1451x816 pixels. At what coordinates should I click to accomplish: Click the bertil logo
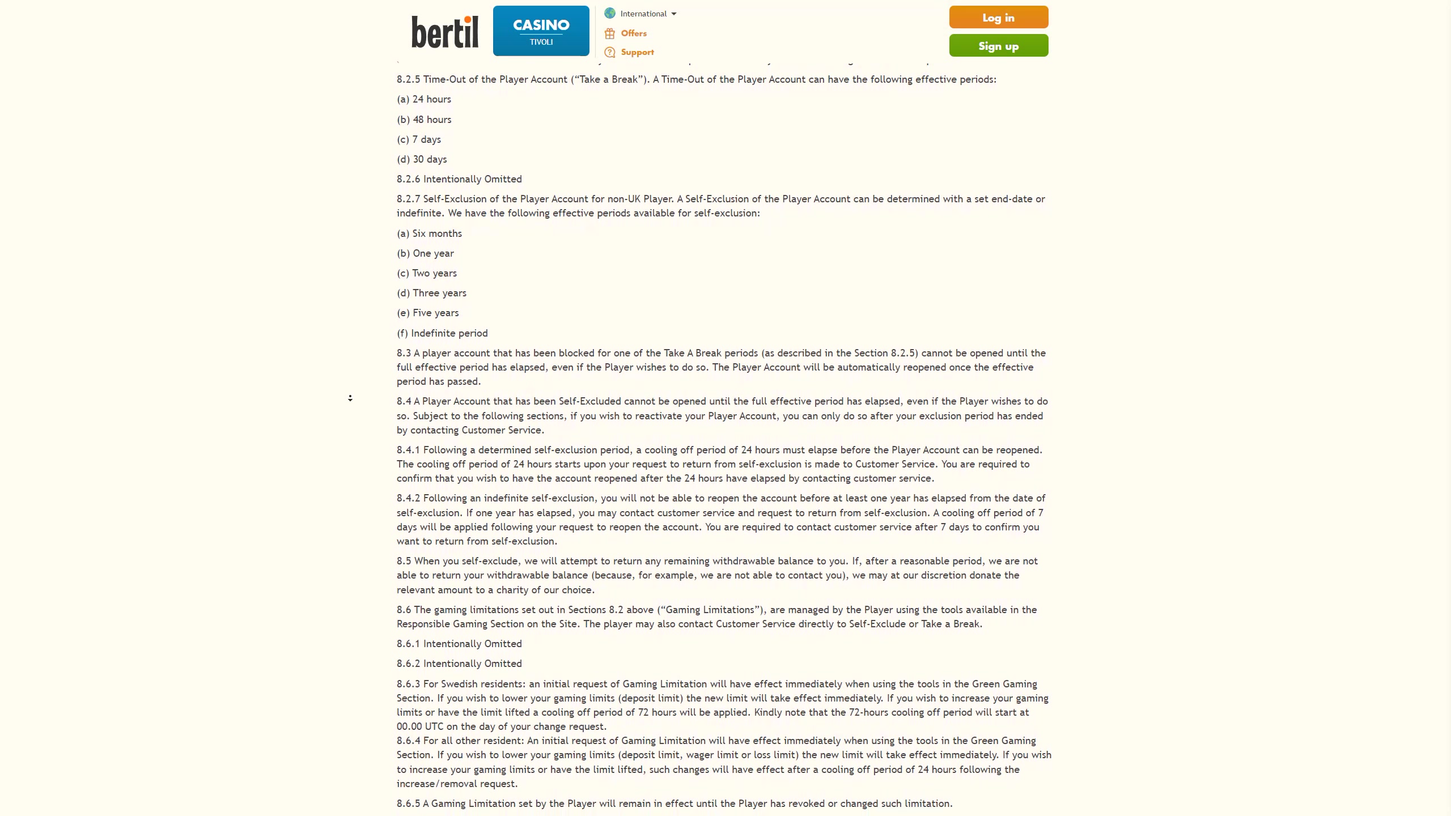tap(445, 32)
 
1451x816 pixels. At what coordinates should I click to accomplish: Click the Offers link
tap(634, 33)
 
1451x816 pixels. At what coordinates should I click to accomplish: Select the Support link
tap(637, 52)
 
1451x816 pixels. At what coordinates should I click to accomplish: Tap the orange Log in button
tap(998, 18)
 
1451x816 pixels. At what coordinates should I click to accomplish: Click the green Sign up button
tap(998, 46)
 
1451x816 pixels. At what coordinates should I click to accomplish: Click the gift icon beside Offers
tap(610, 33)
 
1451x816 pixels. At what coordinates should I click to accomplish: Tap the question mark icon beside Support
tap(610, 52)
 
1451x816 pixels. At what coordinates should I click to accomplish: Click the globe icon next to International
tap(610, 14)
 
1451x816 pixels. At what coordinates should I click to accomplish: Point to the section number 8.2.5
tap(408, 79)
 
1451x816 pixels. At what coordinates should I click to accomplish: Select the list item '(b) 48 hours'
tap(424, 120)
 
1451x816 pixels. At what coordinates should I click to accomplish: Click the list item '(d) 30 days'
tap(422, 159)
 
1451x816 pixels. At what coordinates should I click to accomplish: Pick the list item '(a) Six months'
tap(429, 233)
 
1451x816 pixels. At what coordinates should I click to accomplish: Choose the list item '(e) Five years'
tap(427, 313)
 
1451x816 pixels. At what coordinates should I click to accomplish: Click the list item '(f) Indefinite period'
tap(442, 333)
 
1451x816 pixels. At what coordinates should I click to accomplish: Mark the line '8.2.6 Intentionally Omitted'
tap(459, 179)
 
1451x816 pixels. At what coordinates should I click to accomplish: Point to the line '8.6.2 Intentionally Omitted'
tap(459, 664)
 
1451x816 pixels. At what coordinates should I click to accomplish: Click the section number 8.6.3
tap(408, 684)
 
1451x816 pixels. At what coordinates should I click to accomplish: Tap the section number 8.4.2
tap(408, 498)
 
